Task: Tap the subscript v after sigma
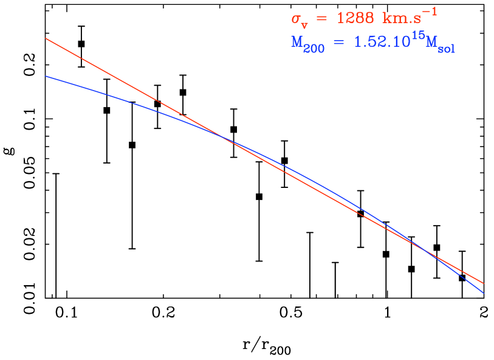pos(304,24)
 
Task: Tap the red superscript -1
pos(431,11)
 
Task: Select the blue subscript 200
pos(315,49)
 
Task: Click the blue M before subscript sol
pos(433,43)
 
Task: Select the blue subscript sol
pos(447,49)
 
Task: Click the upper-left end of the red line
pos(46,38)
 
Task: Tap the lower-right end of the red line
pos(484,283)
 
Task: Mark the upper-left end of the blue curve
pos(46,76)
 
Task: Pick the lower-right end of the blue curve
pos(484,293)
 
